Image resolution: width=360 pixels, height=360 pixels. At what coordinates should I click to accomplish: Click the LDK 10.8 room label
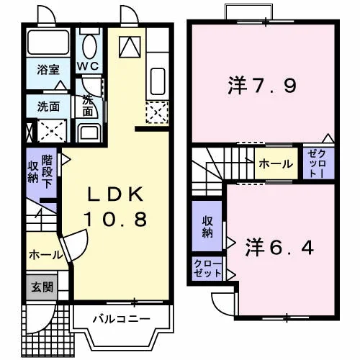pyautogui.click(x=115, y=207)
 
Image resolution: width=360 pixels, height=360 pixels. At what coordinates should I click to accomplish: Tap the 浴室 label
pyautogui.click(x=48, y=69)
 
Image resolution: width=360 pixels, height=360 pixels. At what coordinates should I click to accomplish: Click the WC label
pyautogui.click(x=88, y=66)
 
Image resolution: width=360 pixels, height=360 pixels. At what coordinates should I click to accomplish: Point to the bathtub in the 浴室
pyautogui.click(x=48, y=42)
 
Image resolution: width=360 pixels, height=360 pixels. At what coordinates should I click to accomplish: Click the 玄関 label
pyautogui.click(x=42, y=287)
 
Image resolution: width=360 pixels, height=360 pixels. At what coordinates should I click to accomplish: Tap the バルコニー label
pyautogui.click(x=122, y=319)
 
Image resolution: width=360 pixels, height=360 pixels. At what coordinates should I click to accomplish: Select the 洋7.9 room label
pyautogui.click(x=262, y=86)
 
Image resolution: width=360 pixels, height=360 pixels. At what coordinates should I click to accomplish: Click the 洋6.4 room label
pyautogui.click(x=279, y=247)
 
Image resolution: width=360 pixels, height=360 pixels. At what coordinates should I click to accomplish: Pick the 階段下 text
pyautogui.click(x=47, y=172)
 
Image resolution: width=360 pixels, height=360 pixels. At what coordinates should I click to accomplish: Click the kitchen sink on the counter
pyautogui.click(x=158, y=81)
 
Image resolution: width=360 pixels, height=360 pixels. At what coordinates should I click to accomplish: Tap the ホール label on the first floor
pyautogui.click(x=46, y=255)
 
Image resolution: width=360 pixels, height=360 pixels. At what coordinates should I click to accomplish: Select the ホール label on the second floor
pyautogui.click(x=276, y=164)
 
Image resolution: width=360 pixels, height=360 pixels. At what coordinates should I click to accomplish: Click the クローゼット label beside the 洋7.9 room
pyautogui.click(x=318, y=163)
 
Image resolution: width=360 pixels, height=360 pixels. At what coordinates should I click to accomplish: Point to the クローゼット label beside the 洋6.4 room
pyautogui.click(x=207, y=269)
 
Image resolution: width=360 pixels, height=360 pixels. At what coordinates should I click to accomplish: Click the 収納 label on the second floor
pyautogui.click(x=207, y=227)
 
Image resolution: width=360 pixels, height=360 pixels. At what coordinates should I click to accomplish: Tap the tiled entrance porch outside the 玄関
pyautogui.click(x=48, y=330)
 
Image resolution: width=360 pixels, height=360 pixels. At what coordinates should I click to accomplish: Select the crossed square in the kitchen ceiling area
pyautogui.click(x=130, y=47)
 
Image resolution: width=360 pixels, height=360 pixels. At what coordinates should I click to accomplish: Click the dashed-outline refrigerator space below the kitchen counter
pyautogui.click(x=158, y=112)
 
